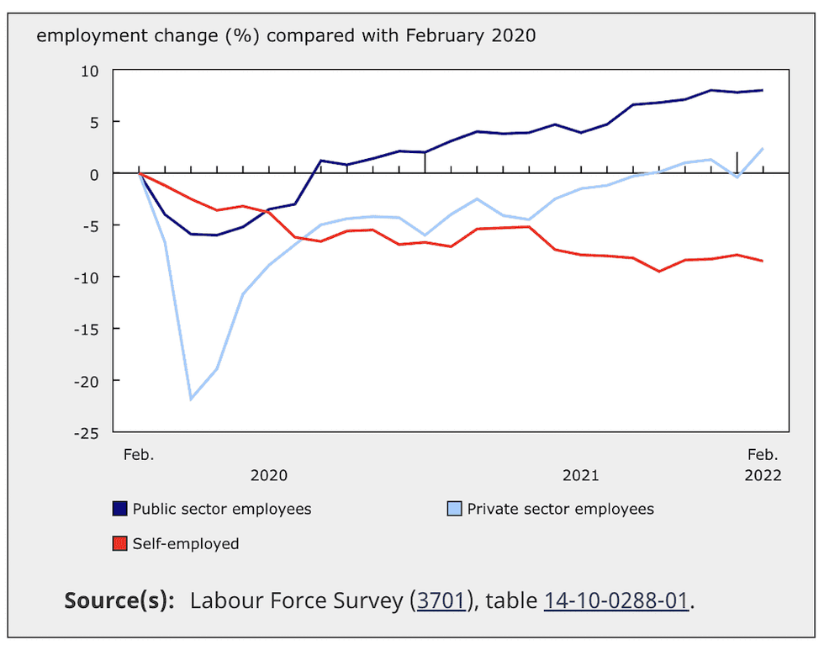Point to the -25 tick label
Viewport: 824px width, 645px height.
pos(87,432)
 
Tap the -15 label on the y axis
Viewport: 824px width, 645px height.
pos(87,329)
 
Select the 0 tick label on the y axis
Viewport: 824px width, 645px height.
pos(96,174)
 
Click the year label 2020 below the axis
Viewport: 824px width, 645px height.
pos(269,475)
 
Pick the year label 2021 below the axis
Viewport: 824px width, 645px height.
pos(581,475)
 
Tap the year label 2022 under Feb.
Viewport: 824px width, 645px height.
pos(763,475)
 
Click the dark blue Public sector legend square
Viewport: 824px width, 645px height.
pos(120,509)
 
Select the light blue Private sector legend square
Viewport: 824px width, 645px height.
pos(454,509)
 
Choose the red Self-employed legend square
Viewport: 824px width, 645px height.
pos(120,544)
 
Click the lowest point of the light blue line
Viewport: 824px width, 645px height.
pos(191,399)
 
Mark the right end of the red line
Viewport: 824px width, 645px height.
pos(763,261)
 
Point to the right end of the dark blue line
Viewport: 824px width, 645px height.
pos(763,90)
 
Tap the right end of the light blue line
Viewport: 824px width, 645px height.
pos(763,149)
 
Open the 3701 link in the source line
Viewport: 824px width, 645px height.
pos(441,601)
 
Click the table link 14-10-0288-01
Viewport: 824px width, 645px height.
pos(616,601)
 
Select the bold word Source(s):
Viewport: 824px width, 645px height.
pos(119,601)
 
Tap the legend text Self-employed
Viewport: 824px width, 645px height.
pos(186,544)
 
